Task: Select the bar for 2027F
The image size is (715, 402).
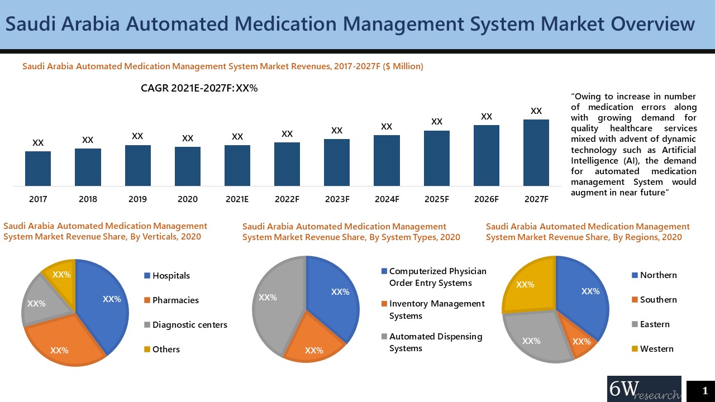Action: [x=536, y=152]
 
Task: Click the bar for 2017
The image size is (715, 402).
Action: [x=38, y=168]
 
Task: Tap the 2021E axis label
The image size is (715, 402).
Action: [x=237, y=199]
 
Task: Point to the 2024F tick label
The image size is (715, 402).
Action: [x=387, y=199]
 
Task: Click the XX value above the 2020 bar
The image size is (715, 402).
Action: [x=188, y=138]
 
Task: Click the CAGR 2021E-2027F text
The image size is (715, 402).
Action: [x=199, y=88]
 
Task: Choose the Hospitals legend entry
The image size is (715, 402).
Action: [x=170, y=276]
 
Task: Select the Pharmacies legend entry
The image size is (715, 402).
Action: [x=175, y=300]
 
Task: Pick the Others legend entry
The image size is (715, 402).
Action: [x=165, y=350]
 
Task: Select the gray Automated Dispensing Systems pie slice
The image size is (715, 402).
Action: [x=274, y=301]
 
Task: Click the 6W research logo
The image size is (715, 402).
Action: [x=643, y=389]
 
